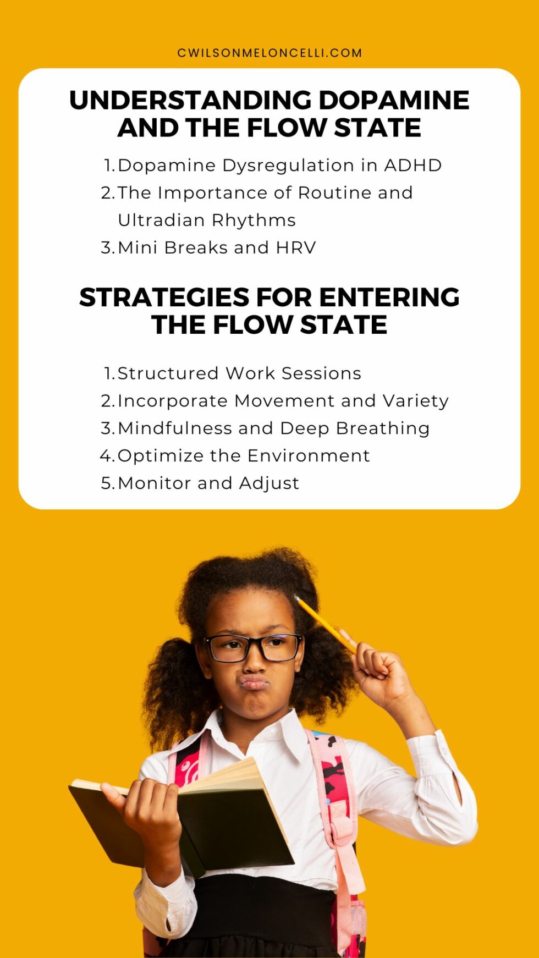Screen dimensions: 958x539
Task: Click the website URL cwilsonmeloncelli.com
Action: [269, 53]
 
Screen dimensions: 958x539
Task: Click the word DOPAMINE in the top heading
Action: [394, 101]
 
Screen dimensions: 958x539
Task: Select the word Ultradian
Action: [161, 221]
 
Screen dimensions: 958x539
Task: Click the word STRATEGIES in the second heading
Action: [164, 298]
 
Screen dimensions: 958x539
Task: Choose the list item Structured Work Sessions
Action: [239, 373]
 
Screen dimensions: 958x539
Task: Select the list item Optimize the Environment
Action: [243, 456]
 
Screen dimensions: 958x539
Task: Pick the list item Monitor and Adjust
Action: [208, 483]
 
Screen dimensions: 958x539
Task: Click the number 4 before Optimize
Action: [107, 456]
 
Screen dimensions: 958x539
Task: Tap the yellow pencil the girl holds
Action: [324, 624]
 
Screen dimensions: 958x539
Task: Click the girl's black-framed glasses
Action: [254, 648]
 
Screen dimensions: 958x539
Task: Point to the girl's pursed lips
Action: [254, 683]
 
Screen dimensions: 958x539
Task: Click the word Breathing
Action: [383, 428]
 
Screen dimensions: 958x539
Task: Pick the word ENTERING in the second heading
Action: [389, 298]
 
